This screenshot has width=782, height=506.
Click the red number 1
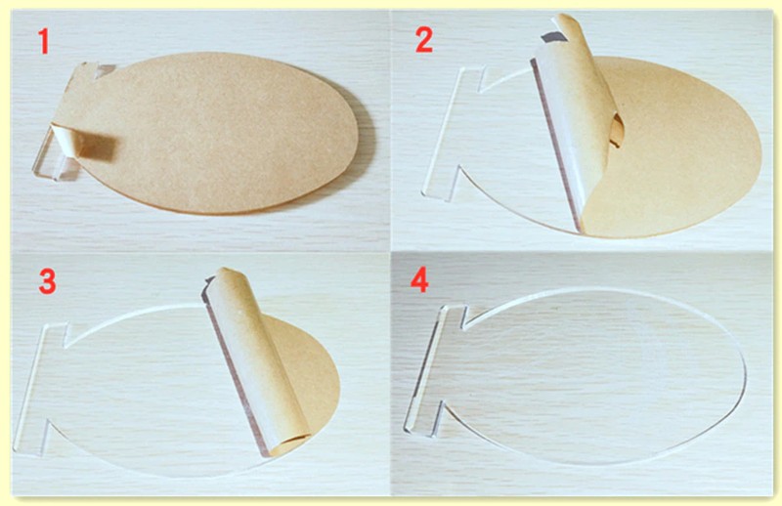[44, 41]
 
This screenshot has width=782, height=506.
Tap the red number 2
[424, 40]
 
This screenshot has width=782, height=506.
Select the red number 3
[47, 281]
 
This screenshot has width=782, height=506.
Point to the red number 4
[419, 281]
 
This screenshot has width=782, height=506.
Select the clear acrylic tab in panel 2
[453, 132]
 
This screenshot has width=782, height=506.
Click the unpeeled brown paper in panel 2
[683, 149]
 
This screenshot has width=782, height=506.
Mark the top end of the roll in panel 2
[569, 22]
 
